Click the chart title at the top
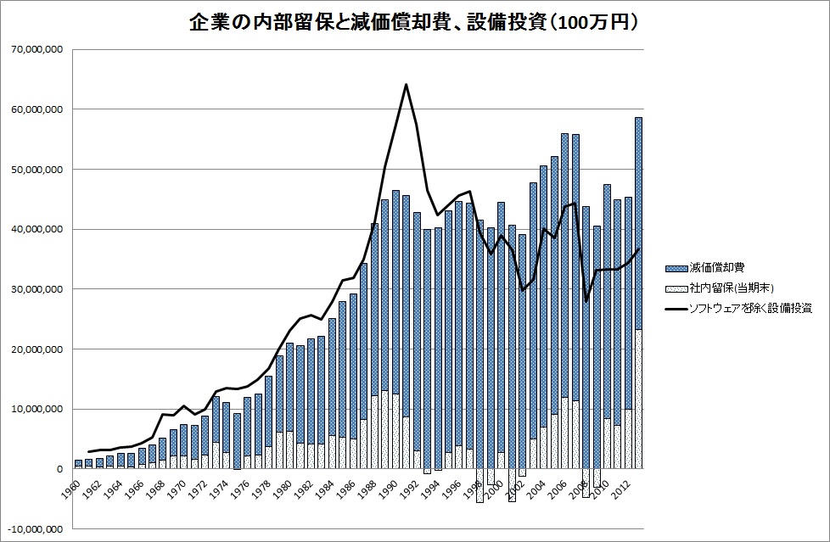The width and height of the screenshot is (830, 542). tap(414, 23)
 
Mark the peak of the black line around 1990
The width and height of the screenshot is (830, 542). tap(406, 84)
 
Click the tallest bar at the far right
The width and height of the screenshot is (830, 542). tap(638, 254)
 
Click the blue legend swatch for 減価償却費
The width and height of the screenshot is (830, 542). tap(676, 268)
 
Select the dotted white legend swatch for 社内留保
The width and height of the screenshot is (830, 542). tap(676, 288)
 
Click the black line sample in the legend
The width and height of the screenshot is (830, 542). tap(676, 309)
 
